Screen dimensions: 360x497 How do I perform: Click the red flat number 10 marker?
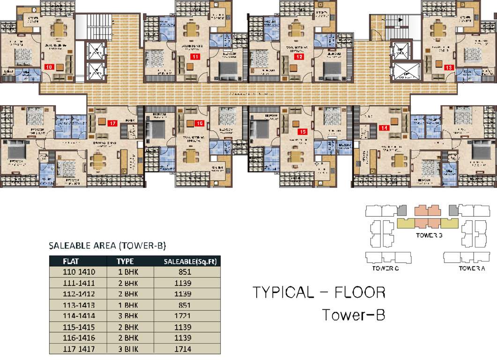pyautogui.click(x=49, y=67)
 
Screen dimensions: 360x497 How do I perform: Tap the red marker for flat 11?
pyautogui.click(x=194, y=57)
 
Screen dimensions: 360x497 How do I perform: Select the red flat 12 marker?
pyautogui.click(x=298, y=57)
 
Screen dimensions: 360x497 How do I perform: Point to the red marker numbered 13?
pyautogui.click(x=448, y=67)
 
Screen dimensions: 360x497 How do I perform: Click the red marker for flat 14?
pyautogui.click(x=385, y=127)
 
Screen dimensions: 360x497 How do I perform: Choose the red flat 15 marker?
pyautogui.click(x=302, y=132)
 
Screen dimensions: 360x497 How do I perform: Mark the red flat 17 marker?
pyautogui.click(x=112, y=124)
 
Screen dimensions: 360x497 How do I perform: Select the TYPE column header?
pyautogui.click(x=126, y=262)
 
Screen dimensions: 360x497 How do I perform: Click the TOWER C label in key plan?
pyautogui.click(x=386, y=269)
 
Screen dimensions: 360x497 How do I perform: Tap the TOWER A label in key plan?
pyautogui.click(x=472, y=269)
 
